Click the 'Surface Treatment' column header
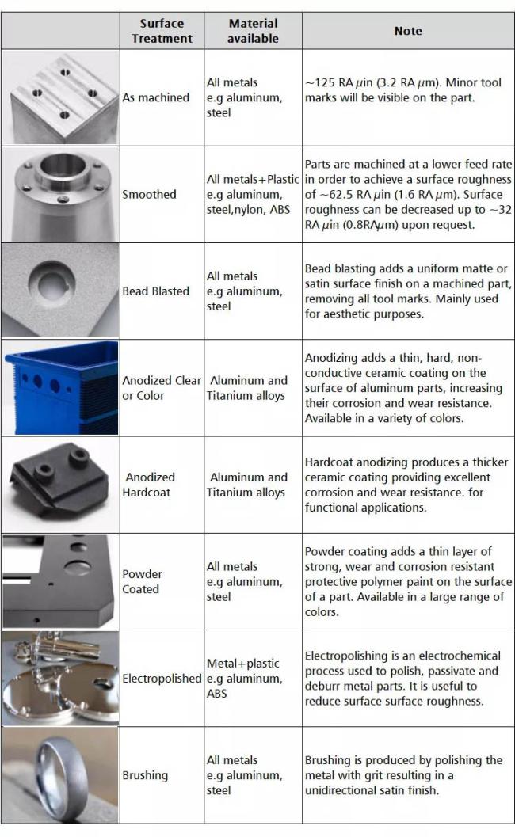click(162, 31)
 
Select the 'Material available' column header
click(253, 31)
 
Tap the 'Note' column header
click(408, 31)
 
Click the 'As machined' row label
click(155, 97)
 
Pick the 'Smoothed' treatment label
click(149, 194)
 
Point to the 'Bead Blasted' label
click(155, 291)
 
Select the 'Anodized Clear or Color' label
click(162, 388)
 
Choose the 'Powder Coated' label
click(141, 581)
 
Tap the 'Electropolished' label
click(162, 679)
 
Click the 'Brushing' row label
click(145, 775)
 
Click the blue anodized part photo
click(61, 387)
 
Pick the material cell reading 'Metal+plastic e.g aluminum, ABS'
click(243, 679)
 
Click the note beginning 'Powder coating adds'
click(408, 581)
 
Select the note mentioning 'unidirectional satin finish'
click(404, 775)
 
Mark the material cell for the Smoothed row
click(252, 194)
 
